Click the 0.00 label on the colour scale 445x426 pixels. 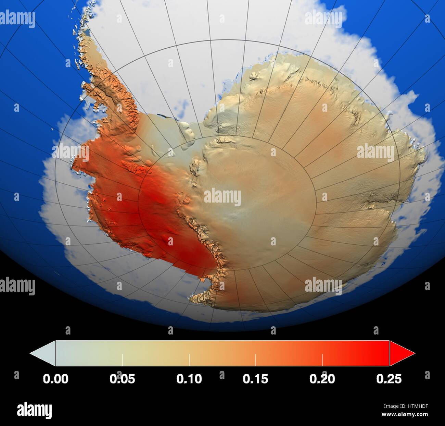55,379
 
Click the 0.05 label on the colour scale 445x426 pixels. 122,379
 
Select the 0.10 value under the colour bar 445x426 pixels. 189,379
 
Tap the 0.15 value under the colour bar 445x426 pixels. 255,379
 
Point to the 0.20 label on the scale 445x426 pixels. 322,379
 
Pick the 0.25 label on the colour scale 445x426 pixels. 389,379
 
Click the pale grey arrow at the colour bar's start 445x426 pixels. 43,353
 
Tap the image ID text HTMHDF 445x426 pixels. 416,406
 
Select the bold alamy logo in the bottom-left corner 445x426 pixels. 34,410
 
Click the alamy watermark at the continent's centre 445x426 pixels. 222,197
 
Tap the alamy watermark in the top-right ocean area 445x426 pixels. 323,19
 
